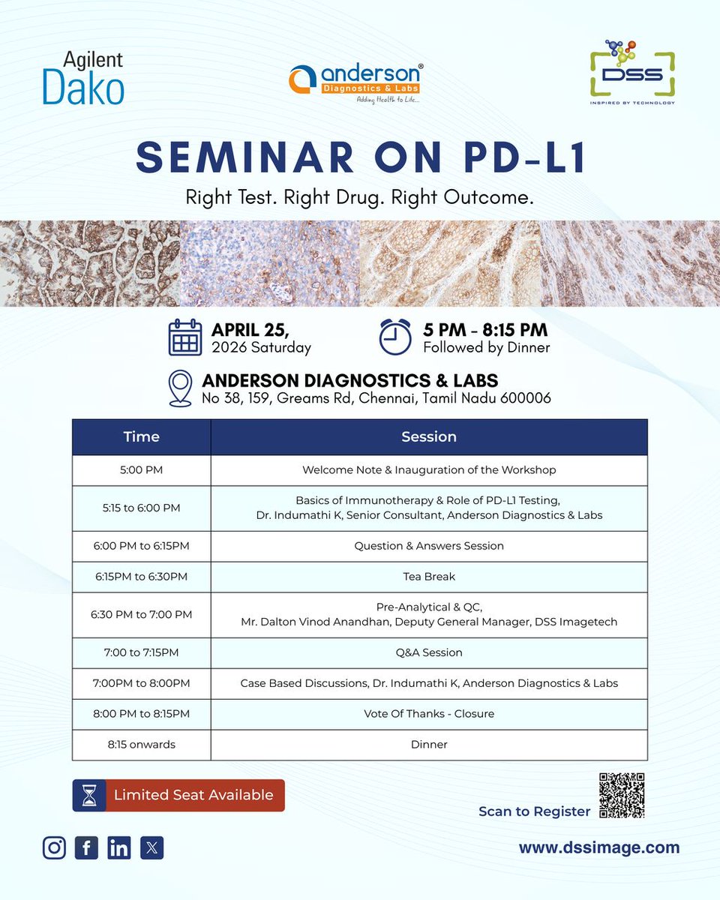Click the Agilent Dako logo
[x=83, y=78]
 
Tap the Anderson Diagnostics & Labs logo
[x=355, y=83]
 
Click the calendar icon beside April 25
[x=184, y=337]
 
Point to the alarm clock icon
[x=395, y=337]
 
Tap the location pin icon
[x=181, y=388]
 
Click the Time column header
[x=141, y=436]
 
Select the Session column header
[x=428, y=436]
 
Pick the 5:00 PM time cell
[x=141, y=470]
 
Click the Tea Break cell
[x=428, y=577]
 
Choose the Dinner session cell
[x=428, y=745]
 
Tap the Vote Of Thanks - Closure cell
[x=428, y=714]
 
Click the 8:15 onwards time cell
[x=141, y=745]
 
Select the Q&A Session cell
[x=428, y=652]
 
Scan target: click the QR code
[x=622, y=795]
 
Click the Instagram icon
[x=54, y=847]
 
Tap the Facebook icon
[x=86, y=847]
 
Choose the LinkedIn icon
[x=118, y=847]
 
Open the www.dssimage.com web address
[x=598, y=847]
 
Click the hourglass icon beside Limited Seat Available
[x=88, y=795]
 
